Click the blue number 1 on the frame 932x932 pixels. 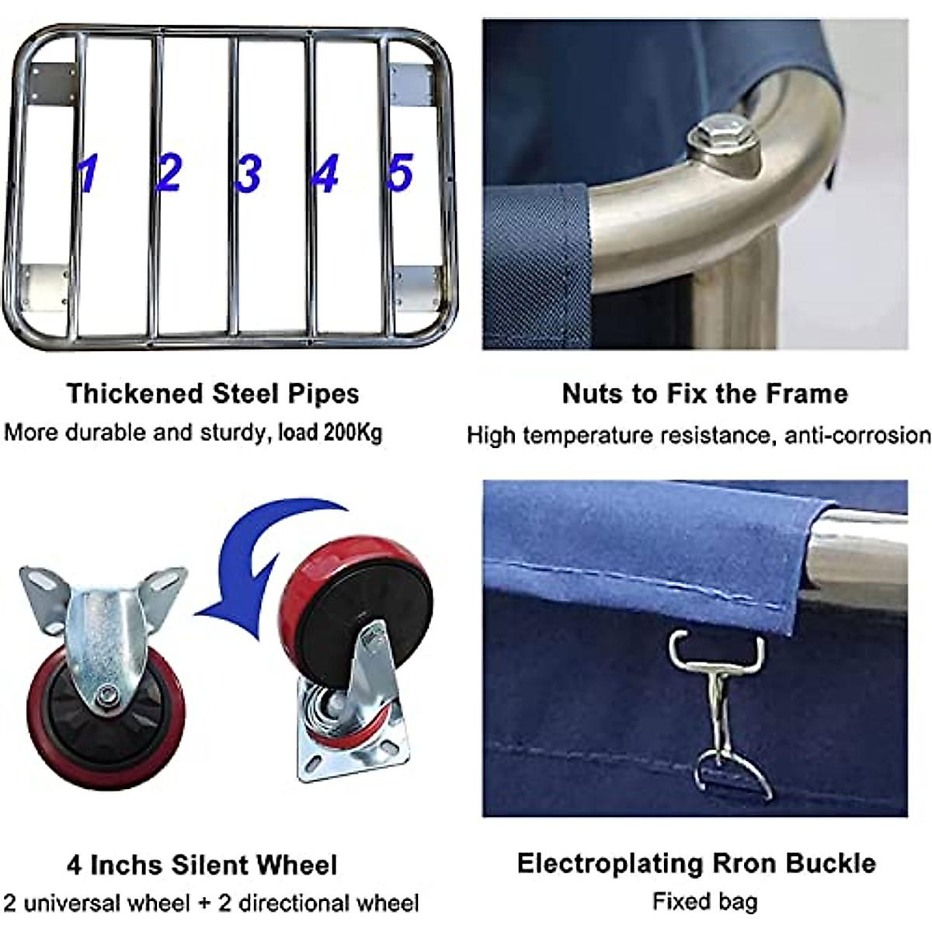pos(88,172)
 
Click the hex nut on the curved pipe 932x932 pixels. pos(722,141)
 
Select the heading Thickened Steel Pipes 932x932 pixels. pos(212,393)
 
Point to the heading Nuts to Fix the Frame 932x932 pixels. pos(704,393)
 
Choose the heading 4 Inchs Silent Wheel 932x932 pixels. pos(202,864)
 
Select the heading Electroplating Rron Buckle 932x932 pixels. pos(696,863)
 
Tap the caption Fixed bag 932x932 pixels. pos(704,901)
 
